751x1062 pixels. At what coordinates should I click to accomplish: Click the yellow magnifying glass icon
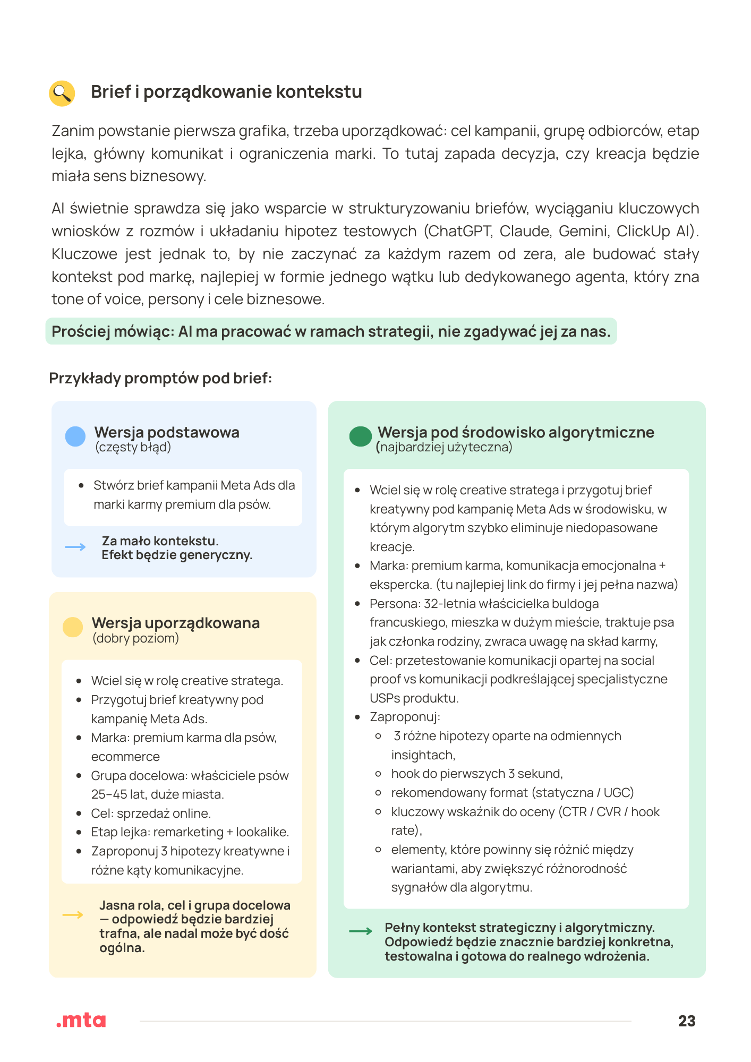62,93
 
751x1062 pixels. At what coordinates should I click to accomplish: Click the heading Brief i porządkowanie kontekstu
226,92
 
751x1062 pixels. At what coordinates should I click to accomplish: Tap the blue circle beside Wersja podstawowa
75,436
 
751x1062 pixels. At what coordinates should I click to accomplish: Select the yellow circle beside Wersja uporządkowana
73,627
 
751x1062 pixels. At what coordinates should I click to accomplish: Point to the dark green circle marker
360,436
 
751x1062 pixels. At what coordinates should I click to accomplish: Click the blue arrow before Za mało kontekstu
75,547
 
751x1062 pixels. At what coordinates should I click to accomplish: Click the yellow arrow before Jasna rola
73,914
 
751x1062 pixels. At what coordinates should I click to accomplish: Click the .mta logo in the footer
81,1020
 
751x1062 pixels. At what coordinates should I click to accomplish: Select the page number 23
687,1021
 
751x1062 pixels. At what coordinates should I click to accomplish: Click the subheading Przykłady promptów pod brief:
160,379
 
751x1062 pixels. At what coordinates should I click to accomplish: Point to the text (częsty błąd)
133,447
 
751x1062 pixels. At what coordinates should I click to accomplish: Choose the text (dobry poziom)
135,638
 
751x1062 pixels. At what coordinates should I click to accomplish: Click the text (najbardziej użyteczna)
444,447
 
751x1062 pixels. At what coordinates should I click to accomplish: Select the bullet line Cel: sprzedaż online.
151,813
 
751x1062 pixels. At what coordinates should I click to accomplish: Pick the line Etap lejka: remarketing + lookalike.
190,832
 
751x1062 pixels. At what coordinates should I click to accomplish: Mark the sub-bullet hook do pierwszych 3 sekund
476,774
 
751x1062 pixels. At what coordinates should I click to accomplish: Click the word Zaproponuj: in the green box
405,717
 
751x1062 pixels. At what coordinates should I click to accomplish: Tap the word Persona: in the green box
395,604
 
